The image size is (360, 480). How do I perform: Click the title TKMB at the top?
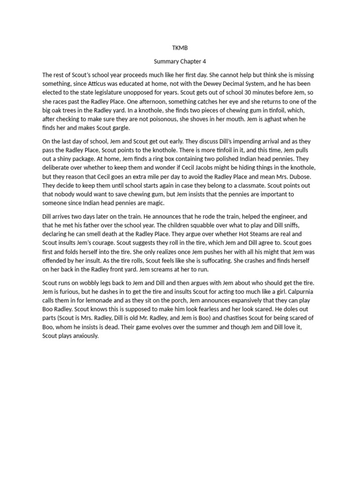(x=180, y=48)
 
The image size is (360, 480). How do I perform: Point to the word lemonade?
(x=93, y=301)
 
